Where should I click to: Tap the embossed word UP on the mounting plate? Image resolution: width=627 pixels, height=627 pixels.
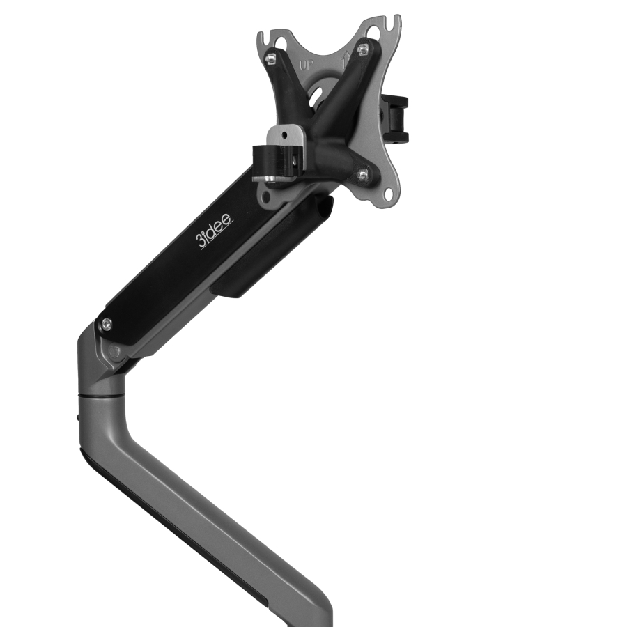pyautogui.click(x=305, y=66)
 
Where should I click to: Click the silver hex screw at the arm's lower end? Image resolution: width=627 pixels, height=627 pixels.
pyautogui.click(x=107, y=323)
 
